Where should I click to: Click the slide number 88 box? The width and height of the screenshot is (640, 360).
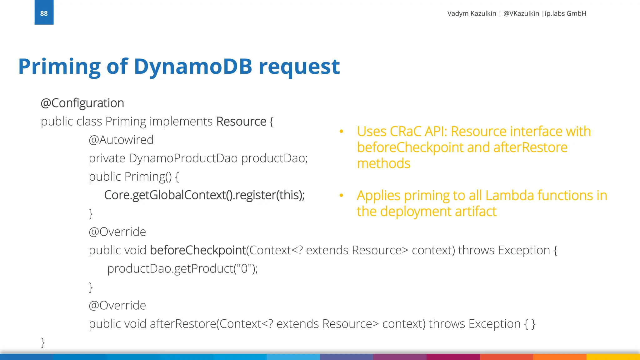[44, 13]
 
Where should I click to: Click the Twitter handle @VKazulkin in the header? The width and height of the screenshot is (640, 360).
[521, 13]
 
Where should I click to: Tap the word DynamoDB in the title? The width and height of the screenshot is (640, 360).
[193, 67]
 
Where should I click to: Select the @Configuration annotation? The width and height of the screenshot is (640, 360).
[82, 103]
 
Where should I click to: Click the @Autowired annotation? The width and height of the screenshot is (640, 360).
[121, 140]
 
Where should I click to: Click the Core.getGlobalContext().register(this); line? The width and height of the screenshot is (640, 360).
[204, 195]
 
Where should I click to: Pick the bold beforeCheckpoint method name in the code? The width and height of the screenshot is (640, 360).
[198, 250]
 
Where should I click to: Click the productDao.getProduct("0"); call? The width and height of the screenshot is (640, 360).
[182, 269]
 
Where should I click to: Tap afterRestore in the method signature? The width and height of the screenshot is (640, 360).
[183, 324]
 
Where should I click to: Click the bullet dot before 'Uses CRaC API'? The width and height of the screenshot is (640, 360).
[341, 132]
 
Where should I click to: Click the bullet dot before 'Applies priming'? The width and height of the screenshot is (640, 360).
[341, 196]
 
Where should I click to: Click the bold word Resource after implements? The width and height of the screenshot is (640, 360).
[241, 122]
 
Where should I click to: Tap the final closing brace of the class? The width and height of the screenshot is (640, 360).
[43, 342]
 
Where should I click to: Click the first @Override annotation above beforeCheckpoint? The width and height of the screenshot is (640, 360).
[117, 232]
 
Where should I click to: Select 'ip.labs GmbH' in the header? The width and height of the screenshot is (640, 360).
[565, 13]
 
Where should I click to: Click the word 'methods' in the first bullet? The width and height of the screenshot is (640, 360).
[383, 163]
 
